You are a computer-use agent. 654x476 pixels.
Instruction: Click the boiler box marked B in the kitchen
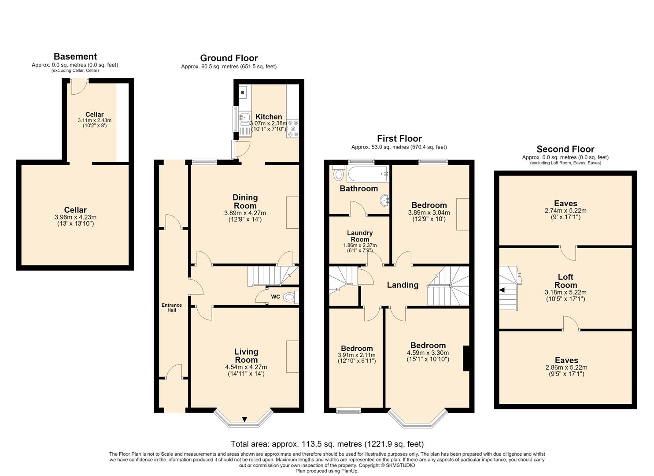(242, 93)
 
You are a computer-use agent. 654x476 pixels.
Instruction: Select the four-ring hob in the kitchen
(293, 129)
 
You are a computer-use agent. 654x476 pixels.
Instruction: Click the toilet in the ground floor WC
(290, 297)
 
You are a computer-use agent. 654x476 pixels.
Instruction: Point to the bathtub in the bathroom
(368, 175)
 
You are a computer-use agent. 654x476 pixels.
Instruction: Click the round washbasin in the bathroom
(385, 201)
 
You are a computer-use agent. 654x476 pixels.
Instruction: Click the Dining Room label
(245, 201)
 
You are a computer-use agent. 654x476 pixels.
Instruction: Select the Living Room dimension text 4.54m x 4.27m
(246, 367)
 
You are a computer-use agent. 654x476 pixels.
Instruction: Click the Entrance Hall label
(172, 307)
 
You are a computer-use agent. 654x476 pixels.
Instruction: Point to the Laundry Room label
(360, 236)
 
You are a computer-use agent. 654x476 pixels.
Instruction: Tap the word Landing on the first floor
(403, 285)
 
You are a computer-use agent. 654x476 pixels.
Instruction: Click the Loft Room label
(565, 281)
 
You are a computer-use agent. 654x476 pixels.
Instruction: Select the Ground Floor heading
(229, 58)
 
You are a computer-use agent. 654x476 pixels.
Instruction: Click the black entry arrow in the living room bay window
(245, 419)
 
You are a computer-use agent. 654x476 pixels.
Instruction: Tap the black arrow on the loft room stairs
(502, 290)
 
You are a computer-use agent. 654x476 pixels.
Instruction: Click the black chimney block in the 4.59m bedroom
(466, 358)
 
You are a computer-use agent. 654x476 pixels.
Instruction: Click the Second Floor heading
(565, 149)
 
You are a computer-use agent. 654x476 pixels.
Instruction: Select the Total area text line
(327, 444)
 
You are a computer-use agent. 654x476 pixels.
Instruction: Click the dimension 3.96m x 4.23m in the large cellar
(75, 217)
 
